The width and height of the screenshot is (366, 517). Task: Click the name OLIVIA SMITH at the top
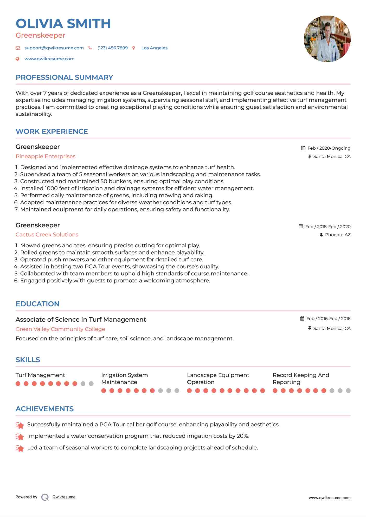click(63, 24)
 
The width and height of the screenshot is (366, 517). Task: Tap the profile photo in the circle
click(327, 39)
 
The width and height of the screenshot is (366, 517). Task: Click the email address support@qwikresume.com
click(54, 48)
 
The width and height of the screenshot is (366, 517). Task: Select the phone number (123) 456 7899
click(112, 48)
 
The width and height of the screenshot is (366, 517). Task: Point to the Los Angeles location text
click(154, 48)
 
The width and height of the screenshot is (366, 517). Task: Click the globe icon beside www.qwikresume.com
click(17, 59)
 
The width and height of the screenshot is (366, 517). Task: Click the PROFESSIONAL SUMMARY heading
click(64, 77)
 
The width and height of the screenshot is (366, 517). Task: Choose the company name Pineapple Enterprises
click(46, 156)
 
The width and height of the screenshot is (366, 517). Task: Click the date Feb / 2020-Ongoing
click(329, 148)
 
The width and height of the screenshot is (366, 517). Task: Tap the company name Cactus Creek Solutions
click(47, 235)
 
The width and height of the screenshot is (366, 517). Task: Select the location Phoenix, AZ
click(338, 235)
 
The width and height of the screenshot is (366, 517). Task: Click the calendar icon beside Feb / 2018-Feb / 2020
click(301, 226)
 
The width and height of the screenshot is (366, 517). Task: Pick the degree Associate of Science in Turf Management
click(81, 320)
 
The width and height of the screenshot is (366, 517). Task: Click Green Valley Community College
click(60, 329)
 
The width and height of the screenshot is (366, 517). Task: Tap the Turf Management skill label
click(40, 375)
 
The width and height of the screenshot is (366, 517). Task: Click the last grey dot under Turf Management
click(91, 384)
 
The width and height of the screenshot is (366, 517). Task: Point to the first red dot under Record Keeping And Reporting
click(275, 390)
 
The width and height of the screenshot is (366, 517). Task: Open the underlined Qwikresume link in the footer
click(64, 497)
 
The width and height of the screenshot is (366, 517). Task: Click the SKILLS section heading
click(28, 360)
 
